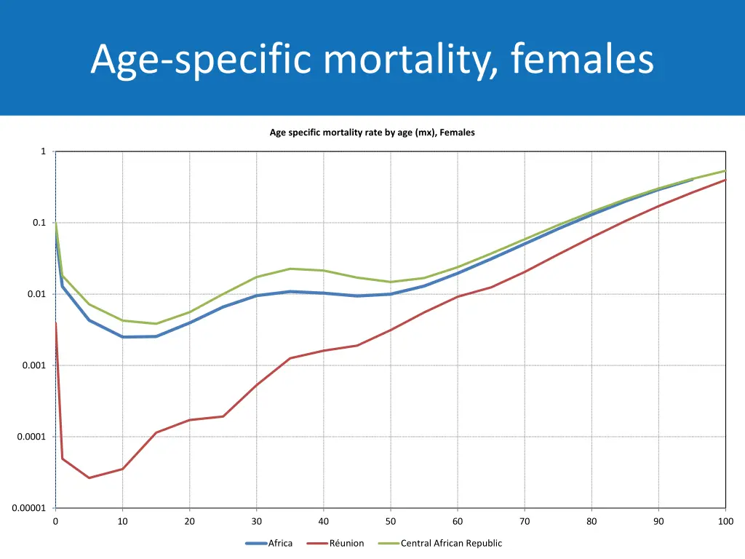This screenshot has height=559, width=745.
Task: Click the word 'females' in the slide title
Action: point(582,60)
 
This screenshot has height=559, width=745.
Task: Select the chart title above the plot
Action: point(372,132)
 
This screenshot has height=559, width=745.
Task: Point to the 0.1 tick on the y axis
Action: point(39,223)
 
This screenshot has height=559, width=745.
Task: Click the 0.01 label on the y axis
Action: point(36,294)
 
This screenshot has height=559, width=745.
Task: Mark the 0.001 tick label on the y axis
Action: point(34,365)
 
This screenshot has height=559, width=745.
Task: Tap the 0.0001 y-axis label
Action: point(32,437)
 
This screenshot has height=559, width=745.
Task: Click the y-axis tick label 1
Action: point(43,151)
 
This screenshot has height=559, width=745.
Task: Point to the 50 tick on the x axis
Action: point(391,521)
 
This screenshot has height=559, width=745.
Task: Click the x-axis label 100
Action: point(725,521)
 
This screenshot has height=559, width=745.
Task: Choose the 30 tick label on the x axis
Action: point(257,521)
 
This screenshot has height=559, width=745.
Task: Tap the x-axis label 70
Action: point(525,521)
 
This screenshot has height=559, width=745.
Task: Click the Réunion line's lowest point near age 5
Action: point(89,478)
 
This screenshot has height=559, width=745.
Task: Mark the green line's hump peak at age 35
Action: point(290,269)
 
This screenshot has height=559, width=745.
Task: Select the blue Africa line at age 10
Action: point(123,337)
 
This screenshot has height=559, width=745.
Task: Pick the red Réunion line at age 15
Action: point(156,432)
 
